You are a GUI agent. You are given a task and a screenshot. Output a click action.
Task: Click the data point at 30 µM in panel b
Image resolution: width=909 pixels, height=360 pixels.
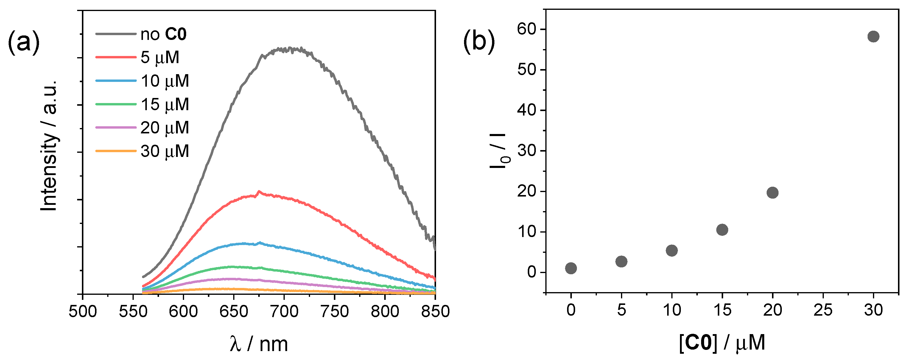[873, 36]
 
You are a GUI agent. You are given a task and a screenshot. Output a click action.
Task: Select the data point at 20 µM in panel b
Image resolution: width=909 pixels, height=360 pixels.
[772, 193]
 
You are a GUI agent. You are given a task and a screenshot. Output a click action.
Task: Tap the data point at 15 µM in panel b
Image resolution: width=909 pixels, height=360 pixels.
[722, 230]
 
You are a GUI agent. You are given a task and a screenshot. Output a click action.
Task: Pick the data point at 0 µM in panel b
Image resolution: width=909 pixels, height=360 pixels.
[571, 268]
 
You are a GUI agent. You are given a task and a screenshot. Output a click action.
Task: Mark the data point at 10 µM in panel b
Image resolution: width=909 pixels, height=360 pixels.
[672, 251]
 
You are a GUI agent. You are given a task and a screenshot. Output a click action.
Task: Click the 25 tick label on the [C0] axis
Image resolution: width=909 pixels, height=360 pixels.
[823, 310]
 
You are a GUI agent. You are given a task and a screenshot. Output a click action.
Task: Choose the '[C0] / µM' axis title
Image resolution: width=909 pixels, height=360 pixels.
[722, 343]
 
